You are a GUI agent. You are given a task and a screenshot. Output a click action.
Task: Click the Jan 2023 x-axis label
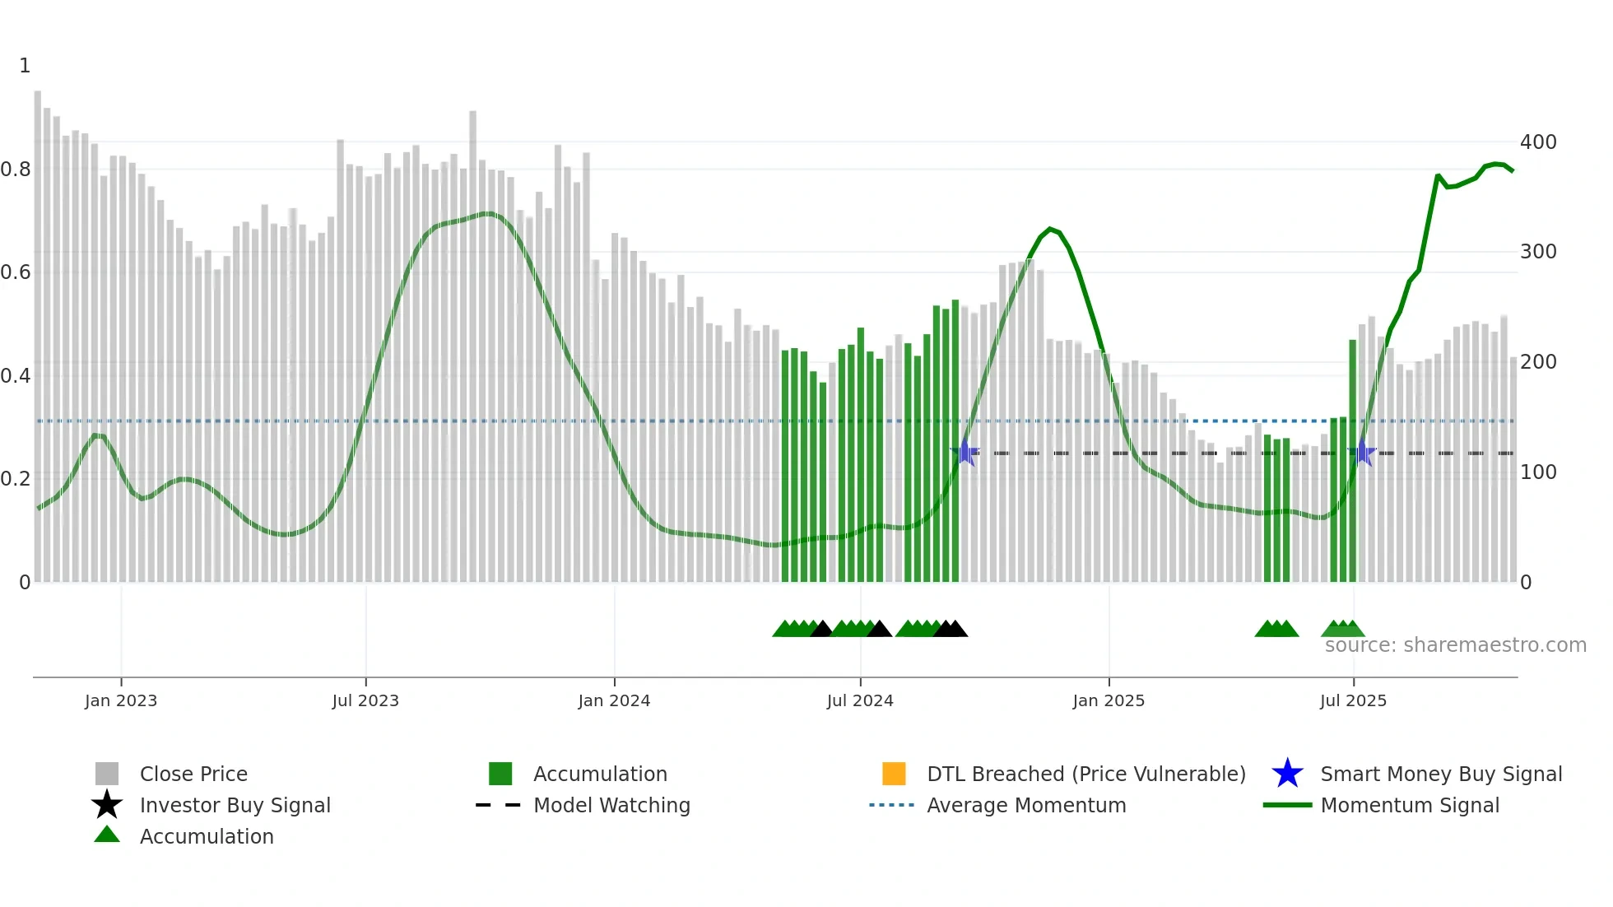121,700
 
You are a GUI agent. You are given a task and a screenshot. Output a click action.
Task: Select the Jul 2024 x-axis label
860,700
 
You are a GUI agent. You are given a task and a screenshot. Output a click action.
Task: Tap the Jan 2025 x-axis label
1109,700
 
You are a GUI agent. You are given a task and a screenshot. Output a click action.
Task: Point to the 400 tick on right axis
1538,142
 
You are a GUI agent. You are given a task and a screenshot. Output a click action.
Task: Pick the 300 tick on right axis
1538,252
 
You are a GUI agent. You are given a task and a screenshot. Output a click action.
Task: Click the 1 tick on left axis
25,66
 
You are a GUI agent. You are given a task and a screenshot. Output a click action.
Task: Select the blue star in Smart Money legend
1287,774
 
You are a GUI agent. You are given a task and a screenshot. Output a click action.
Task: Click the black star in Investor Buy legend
107,805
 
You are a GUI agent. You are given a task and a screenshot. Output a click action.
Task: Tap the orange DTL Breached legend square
894,774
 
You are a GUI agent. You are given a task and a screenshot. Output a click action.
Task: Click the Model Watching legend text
611,805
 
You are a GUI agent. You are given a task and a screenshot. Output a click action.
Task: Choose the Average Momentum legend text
1026,805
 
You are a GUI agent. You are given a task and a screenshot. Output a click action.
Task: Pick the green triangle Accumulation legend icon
107,835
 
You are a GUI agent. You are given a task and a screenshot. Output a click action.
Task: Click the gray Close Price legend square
107,774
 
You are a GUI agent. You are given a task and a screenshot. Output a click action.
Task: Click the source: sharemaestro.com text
1455,645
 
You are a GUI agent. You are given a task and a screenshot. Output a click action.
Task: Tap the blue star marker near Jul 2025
1362,453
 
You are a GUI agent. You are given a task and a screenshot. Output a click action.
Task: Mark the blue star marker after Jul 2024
965,453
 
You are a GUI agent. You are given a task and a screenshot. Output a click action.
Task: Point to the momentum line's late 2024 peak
1050,229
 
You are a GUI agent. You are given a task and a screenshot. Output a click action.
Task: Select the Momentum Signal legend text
1410,805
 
